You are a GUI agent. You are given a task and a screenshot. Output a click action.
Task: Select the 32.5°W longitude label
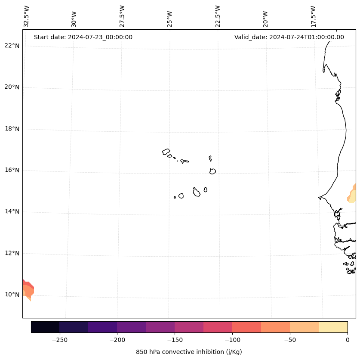[x=27, y=16]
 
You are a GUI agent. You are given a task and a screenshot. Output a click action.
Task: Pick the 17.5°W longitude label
[x=313, y=16]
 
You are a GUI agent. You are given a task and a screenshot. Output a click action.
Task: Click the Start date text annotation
[x=83, y=37]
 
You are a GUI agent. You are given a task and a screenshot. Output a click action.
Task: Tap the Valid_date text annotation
[x=289, y=37]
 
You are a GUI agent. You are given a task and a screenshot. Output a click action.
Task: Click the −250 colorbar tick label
[x=59, y=340]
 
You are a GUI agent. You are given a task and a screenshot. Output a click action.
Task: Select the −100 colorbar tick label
[x=232, y=340]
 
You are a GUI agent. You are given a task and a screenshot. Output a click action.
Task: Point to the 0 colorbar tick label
[x=348, y=340]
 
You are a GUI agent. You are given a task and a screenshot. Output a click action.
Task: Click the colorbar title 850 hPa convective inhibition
[x=189, y=352]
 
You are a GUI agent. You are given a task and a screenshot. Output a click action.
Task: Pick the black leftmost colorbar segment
[x=45, y=327]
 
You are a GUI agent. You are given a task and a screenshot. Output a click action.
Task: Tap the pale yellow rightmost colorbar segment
[x=333, y=327]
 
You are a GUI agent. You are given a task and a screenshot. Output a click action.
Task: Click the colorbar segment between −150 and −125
[x=189, y=327]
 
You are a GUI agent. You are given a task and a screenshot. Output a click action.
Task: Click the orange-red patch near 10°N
[x=28, y=289]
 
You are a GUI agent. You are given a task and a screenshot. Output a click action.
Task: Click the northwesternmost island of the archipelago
[x=166, y=152]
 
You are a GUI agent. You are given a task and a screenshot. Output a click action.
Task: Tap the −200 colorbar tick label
[x=117, y=340]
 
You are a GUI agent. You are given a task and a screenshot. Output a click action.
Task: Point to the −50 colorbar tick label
[x=290, y=340]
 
